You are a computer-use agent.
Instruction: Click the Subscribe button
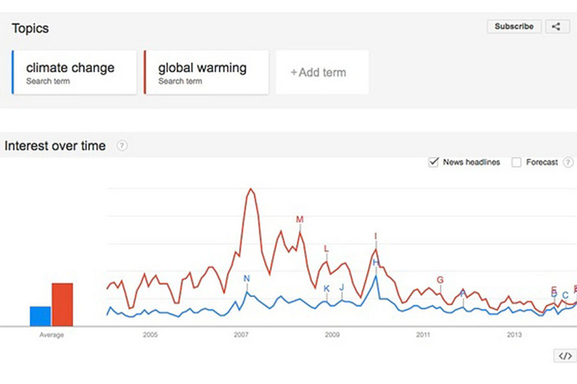tap(514, 26)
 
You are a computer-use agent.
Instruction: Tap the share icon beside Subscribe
tap(557, 26)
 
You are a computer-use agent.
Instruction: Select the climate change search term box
tap(75, 72)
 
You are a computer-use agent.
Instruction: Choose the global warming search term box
tap(206, 72)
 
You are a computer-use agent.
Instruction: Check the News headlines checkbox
tap(434, 162)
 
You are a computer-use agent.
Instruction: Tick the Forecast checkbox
tap(516, 162)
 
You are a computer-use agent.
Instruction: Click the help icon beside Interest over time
tap(122, 145)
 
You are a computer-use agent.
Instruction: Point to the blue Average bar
tap(40, 316)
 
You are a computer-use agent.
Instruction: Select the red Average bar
tap(63, 305)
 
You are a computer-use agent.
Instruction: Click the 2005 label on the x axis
tap(150, 335)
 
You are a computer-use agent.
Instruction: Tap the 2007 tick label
tap(241, 335)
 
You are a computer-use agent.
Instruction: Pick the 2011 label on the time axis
tap(423, 335)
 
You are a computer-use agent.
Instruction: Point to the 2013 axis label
tap(514, 335)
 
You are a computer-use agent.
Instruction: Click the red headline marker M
tap(300, 220)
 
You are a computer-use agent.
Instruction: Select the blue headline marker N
tap(247, 279)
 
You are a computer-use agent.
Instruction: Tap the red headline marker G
tap(440, 280)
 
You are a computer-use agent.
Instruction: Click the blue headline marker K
tap(327, 288)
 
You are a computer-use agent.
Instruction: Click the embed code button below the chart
tap(565, 356)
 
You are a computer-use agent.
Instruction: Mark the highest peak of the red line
tap(251, 189)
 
